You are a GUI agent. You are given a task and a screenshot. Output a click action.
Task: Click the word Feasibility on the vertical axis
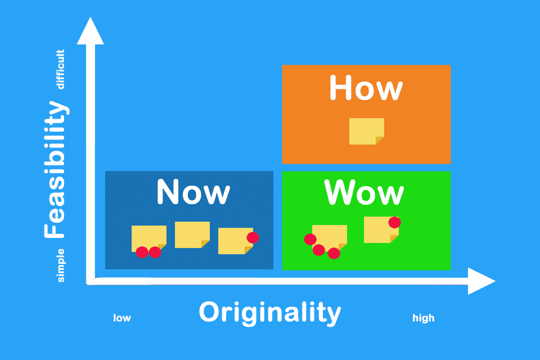pos(56,169)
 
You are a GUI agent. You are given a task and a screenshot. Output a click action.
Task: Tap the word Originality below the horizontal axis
pos(270,312)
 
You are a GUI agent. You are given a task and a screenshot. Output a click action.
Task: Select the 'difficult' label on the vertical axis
pos(60,69)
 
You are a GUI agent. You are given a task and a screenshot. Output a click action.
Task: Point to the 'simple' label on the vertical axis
pos(60,265)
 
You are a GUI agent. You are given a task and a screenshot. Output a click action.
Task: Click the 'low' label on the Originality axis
pos(122,318)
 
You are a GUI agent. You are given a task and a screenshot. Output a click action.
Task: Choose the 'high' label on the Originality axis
pos(423,318)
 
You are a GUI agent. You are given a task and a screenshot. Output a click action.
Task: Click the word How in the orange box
pos(366,88)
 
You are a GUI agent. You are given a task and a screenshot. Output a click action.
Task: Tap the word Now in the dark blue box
pos(193,192)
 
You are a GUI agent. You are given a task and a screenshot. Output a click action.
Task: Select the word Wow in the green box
pos(364,192)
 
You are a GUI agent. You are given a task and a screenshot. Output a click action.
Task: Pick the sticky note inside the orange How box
pos(366,131)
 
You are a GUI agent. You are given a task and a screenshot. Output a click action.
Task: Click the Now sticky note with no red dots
pos(192,235)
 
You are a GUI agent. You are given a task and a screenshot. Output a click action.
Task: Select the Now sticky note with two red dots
pos(148,238)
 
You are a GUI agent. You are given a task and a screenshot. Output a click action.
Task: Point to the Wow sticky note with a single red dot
pos(381,229)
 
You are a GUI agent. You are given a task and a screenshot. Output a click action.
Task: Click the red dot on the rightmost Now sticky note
pos(253,238)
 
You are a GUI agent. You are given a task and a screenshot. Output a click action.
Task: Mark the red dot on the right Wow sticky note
pos(395,223)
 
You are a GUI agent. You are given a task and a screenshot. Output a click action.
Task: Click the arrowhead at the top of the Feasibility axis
pos(90,31)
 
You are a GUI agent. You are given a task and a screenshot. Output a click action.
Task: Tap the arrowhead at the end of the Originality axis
pos(481,281)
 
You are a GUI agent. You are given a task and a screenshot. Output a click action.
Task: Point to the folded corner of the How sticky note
pos(379,141)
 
